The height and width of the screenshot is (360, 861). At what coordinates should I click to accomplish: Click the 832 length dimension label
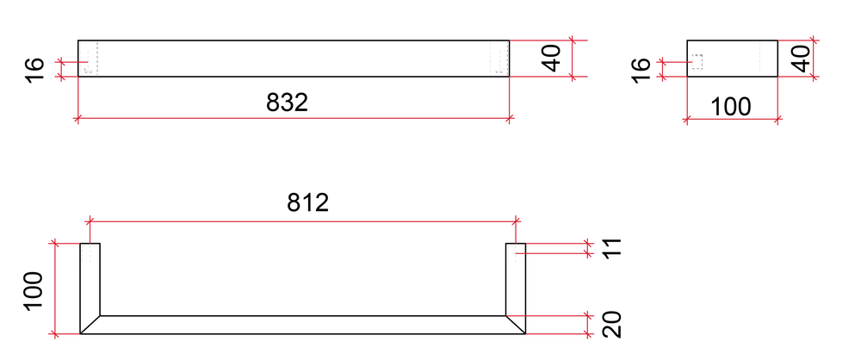coord(287,102)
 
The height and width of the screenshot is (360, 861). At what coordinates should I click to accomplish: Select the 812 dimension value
coord(307,202)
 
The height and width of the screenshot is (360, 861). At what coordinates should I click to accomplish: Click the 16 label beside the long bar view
coord(34,70)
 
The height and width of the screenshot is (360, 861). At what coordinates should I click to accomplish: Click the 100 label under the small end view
coord(730,107)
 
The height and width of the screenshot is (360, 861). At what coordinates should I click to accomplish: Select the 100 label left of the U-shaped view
coord(34,291)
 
